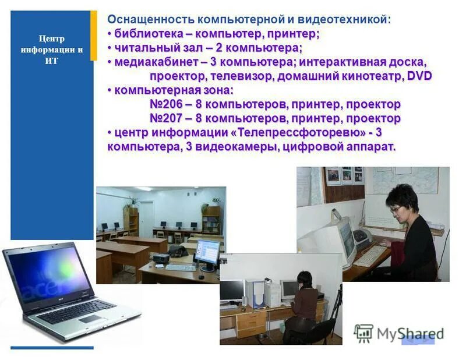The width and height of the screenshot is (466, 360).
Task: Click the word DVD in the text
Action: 419,76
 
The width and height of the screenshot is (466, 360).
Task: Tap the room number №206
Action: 168,104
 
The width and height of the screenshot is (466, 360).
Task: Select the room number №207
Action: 168,118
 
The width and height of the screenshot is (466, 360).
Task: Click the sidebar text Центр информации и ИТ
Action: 51,50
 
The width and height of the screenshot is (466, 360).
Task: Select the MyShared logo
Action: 399,333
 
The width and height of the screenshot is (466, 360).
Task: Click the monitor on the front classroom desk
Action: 207,252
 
